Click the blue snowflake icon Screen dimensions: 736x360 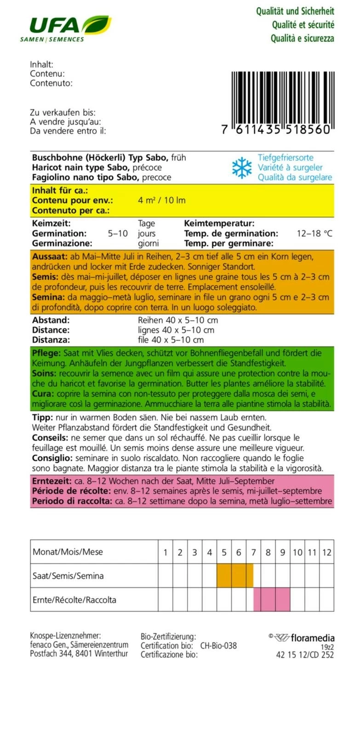(x=242, y=168)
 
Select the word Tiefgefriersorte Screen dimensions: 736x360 (x=285, y=158)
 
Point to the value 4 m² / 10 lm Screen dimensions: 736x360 (x=161, y=201)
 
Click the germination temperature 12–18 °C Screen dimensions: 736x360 (x=314, y=234)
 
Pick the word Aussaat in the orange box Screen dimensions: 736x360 (x=50, y=257)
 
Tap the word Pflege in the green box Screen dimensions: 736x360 (x=46, y=353)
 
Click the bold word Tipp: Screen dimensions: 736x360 (x=42, y=418)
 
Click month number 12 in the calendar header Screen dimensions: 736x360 (x=326, y=552)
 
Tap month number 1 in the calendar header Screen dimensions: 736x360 (x=166, y=552)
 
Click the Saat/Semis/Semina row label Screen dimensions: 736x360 (x=68, y=576)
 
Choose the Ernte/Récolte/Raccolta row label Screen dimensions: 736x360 (x=74, y=600)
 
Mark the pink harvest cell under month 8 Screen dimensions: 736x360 (x=268, y=600)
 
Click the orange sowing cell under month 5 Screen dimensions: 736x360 (x=224, y=576)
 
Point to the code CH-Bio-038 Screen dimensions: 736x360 (x=218, y=646)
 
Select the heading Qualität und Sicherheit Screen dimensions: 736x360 (x=295, y=11)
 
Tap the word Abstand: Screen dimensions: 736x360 (x=51, y=320)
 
